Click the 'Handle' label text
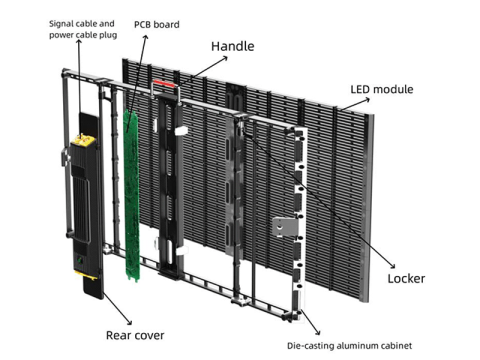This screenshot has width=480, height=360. coord(232,46)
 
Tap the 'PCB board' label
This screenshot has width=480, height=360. coord(157,24)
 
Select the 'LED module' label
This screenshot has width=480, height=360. coord(381,90)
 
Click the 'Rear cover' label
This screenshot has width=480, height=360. coord(135,335)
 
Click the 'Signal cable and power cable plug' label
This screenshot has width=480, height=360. coord(83,28)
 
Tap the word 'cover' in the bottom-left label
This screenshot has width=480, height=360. coord(149,335)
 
